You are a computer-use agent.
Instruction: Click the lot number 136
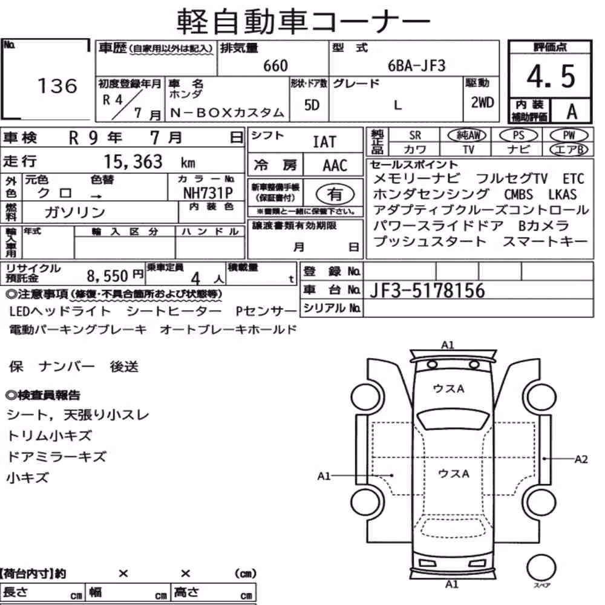(57, 86)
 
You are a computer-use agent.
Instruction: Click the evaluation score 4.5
(551, 76)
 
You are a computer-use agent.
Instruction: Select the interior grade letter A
(572, 112)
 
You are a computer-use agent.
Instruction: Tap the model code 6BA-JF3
(416, 66)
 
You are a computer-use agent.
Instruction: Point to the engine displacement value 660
(275, 66)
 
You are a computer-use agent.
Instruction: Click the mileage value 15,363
(133, 162)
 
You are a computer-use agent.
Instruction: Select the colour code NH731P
(208, 193)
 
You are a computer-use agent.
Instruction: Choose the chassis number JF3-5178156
(427, 291)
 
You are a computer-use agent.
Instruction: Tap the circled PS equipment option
(518, 136)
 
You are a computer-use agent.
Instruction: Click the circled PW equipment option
(569, 136)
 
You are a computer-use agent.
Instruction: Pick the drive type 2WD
(482, 103)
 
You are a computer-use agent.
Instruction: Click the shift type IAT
(324, 142)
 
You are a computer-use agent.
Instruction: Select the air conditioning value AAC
(335, 166)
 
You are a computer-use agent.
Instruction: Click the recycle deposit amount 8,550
(107, 276)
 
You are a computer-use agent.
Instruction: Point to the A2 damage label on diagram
(581, 459)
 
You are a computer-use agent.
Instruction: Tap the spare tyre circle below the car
(541, 567)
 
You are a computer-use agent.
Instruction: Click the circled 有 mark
(335, 194)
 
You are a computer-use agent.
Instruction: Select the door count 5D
(312, 105)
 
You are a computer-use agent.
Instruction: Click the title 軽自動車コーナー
(303, 22)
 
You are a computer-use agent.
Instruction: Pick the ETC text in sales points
(574, 179)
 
